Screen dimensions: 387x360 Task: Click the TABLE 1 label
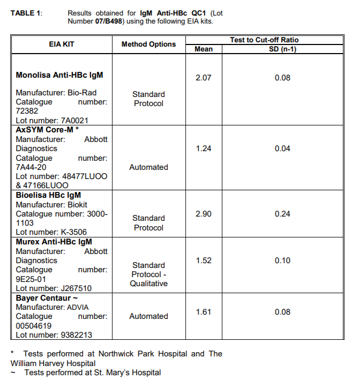(x=25, y=12)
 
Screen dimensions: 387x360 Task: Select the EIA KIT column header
(x=62, y=44)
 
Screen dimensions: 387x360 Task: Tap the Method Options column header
(x=148, y=44)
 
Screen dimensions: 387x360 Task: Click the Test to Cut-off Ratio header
(x=264, y=40)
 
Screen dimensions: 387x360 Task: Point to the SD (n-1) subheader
(x=282, y=49)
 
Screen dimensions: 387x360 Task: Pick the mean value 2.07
(x=204, y=78)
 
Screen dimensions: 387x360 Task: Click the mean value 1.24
(x=204, y=148)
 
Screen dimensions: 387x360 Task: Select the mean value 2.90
(x=204, y=214)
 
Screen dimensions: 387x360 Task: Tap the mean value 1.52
(x=204, y=261)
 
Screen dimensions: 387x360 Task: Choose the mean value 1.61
(x=204, y=312)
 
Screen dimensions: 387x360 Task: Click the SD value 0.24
(x=282, y=214)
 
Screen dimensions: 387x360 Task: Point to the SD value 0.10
(x=282, y=261)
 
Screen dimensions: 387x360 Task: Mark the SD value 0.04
(x=282, y=148)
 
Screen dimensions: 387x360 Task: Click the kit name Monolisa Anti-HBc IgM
(x=59, y=75)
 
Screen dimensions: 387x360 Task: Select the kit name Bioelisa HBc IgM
(x=48, y=195)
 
